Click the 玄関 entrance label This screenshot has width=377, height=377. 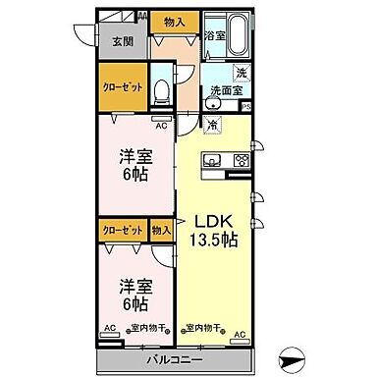(122, 41)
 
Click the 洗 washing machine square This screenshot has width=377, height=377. (242, 73)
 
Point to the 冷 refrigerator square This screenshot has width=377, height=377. (213, 125)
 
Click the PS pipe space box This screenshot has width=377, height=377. (245, 106)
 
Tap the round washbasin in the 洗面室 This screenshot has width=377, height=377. (213, 74)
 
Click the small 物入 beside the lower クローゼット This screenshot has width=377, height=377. (162, 229)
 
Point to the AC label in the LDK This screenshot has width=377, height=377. (239, 334)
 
